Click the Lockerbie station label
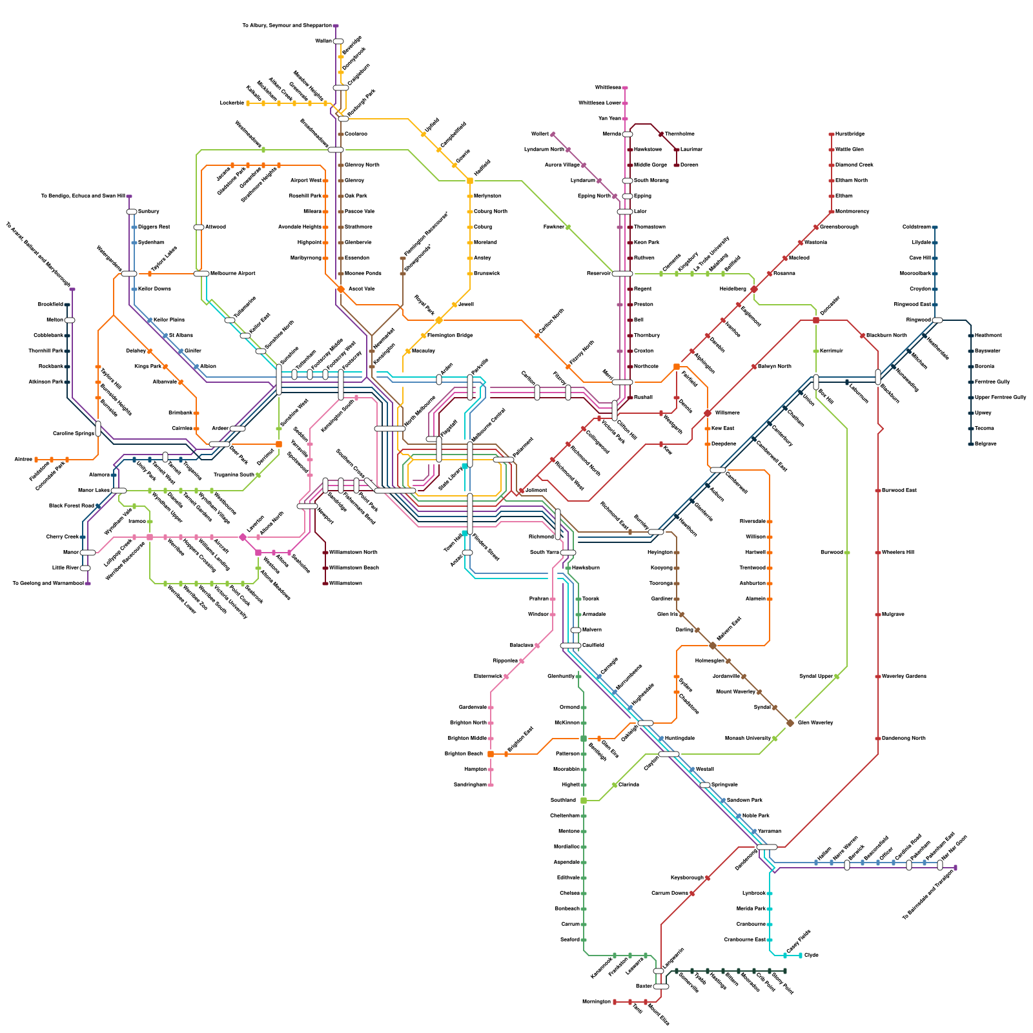click(232, 103)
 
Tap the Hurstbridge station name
click(850, 134)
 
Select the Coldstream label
click(916, 227)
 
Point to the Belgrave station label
click(987, 444)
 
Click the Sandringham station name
click(469, 785)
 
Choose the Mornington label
click(596, 1002)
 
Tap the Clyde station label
click(812, 956)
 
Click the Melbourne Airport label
click(234, 274)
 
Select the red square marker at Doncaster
click(816, 320)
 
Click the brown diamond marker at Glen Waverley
click(790, 723)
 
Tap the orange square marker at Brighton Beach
click(491, 754)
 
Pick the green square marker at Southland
click(584, 801)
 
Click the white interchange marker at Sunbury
click(132, 212)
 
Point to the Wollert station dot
click(553, 134)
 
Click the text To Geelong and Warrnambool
click(48, 584)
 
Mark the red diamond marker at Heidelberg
click(754, 289)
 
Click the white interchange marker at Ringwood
click(937, 320)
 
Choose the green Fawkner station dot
click(568, 227)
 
